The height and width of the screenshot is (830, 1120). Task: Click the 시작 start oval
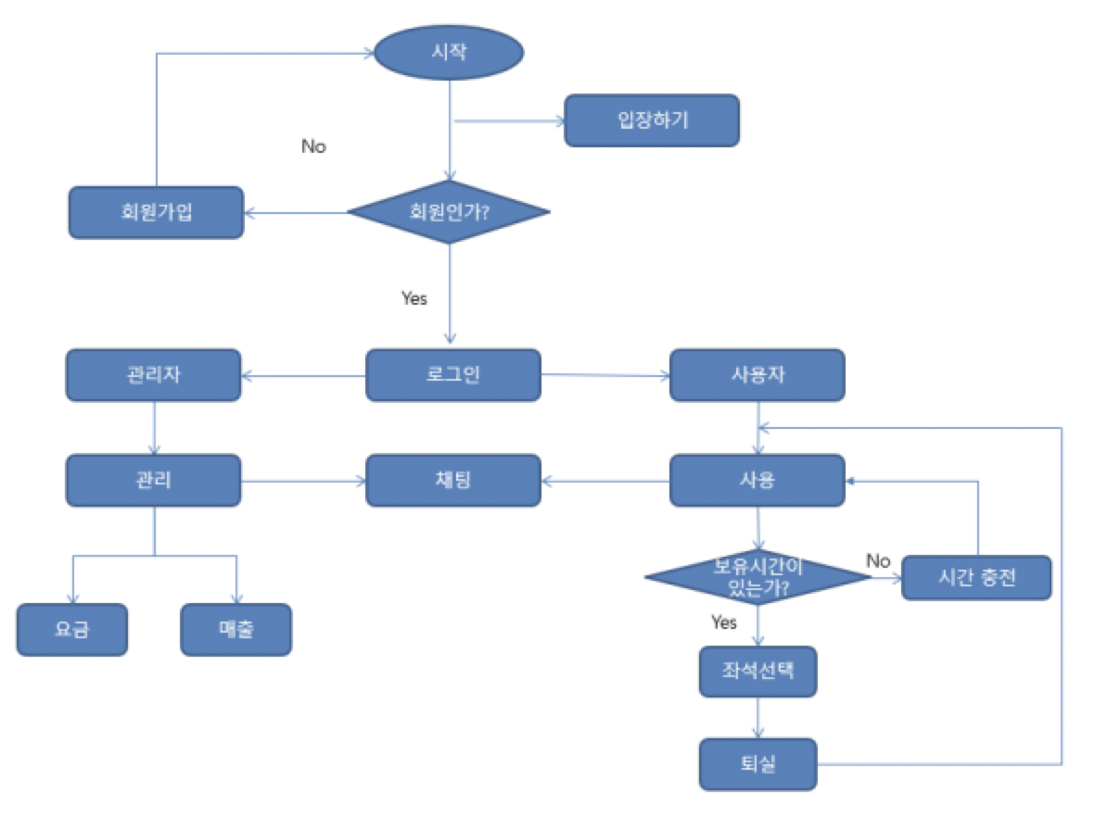pyautogui.click(x=449, y=52)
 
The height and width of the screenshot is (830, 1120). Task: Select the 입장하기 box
pyautogui.click(x=652, y=120)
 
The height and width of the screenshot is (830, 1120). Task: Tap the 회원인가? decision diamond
pyautogui.click(x=449, y=212)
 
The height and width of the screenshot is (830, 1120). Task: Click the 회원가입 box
pyautogui.click(x=156, y=212)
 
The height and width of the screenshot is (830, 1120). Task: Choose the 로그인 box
pyautogui.click(x=452, y=375)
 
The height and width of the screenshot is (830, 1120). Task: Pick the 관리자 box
pyautogui.click(x=153, y=375)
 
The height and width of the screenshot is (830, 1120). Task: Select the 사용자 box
pyautogui.click(x=757, y=375)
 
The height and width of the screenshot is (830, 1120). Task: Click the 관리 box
pyautogui.click(x=153, y=480)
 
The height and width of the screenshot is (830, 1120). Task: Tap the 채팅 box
pyautogui.click(x=452, y=480)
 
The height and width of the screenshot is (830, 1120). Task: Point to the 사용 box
pyautogui.click(x=757, y=480)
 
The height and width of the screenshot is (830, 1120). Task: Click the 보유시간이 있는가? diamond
pyautogui.click(x=757, y=577)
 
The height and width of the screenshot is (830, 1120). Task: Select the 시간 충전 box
pyautogui.click(x=976, y=578)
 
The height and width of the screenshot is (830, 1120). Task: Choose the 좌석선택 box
pyautogui.click(x=757, y=672)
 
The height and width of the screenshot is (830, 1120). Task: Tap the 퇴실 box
pyautogui.click(x=757, y=764)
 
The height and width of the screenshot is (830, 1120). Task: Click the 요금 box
pyautogui.click(x=71, y=630)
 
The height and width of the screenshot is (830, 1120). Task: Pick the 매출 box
pyautogui.click(x=235, y=630)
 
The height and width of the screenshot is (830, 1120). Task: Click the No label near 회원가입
pyautogui.click(x=313, y=146)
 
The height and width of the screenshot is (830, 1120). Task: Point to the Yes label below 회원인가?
pyautogui.click(x=414, y=298)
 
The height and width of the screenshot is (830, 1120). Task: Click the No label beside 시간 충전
pyautogui.click(x=877, y=560)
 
